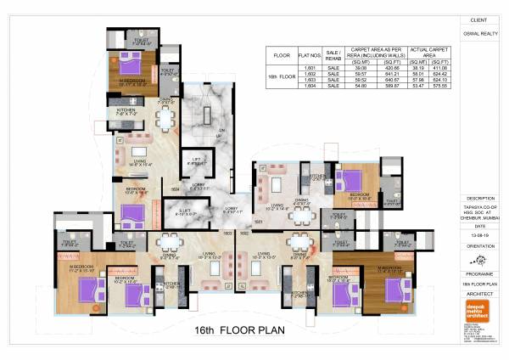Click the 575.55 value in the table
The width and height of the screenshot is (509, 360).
click(440, 86)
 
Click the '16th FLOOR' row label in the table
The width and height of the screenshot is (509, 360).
click(283, 76)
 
